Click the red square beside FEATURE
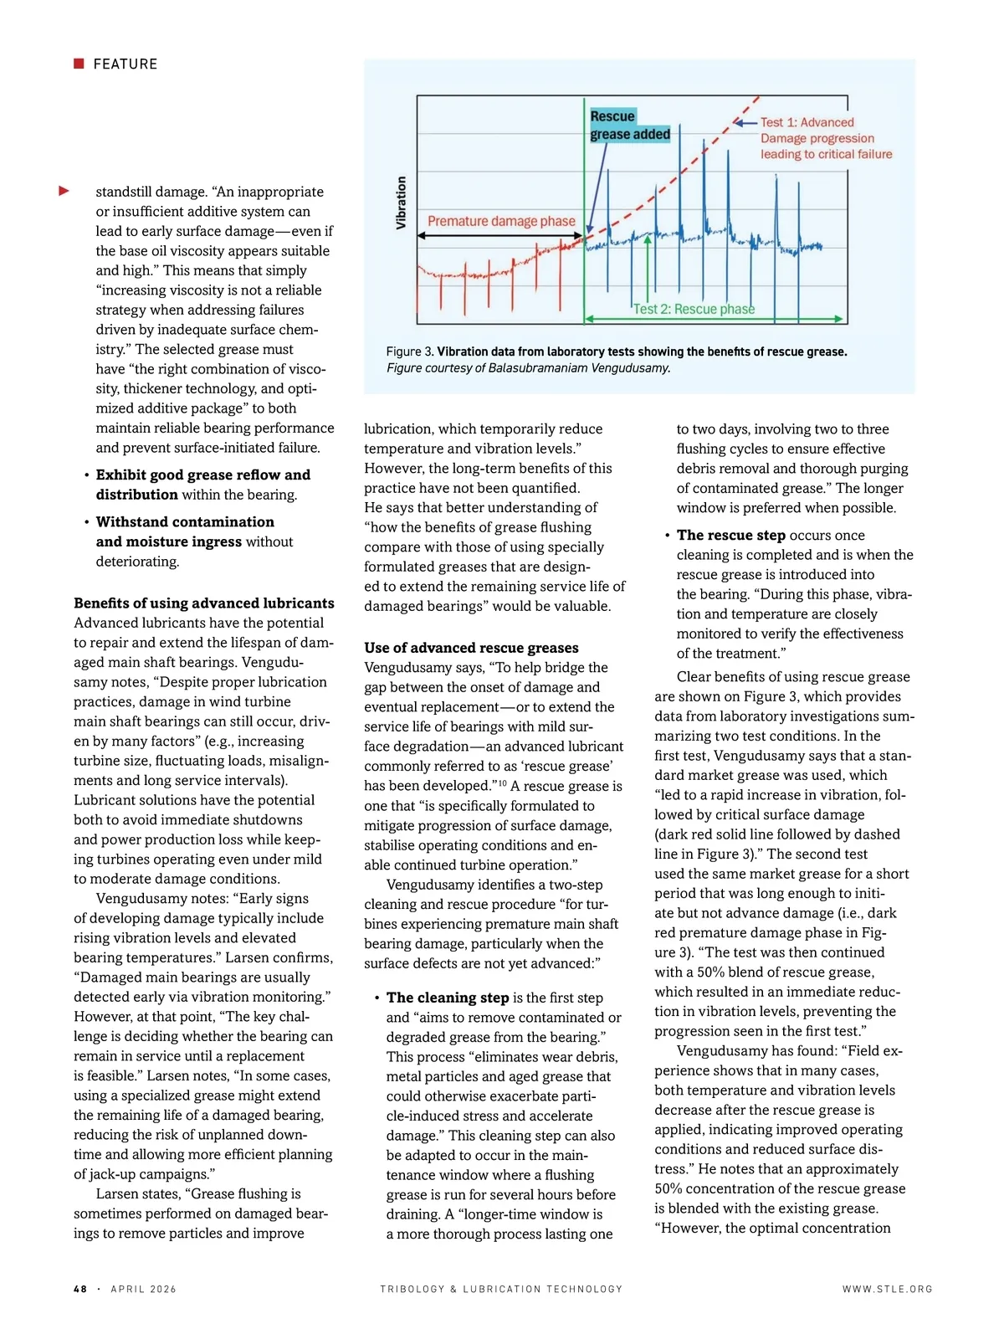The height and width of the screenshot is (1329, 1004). (79, 64)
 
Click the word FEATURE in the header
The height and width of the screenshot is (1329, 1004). (125, 64)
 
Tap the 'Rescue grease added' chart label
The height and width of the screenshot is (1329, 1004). (629, 125)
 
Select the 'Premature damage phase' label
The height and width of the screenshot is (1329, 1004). (501, 221)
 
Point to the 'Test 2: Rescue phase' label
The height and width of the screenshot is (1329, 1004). (694, 309)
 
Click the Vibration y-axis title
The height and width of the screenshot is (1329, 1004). (401, 203)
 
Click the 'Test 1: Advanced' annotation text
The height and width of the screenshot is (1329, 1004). (807, 122)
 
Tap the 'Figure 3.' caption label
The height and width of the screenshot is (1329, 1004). (410, 351)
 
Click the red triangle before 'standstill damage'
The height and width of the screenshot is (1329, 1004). (64, 192)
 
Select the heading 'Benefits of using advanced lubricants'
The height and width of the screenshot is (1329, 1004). (203, 603)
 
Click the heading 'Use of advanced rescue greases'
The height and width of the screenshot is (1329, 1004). (471, 648)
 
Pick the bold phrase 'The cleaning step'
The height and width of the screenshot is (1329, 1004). (448, 998)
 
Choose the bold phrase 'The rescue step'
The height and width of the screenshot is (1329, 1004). (730, 535)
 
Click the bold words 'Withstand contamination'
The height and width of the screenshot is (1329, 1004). (185, 521)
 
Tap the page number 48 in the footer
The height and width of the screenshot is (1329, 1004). (80, 1289)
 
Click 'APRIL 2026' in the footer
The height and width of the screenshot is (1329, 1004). (143, 1289)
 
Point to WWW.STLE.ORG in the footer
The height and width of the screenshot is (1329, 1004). (887, 1289)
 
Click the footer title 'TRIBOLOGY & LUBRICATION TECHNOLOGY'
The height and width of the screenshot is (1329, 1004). (501, 1289)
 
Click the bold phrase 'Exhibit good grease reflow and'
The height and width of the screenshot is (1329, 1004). (202, 475)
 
